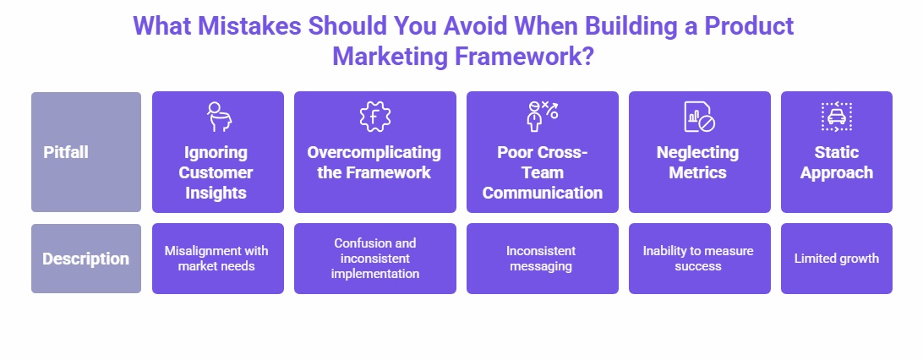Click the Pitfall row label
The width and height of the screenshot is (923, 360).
click(x=66, y=153)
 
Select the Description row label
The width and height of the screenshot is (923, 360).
click(x=85, y=259)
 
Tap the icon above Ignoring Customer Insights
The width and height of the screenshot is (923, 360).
click(x=217, y=116)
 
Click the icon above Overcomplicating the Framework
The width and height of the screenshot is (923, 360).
click(x=374, y=116)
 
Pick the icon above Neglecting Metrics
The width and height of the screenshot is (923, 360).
click(x=698, y=116)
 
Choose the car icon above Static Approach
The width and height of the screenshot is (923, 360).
click(x=836, y=116)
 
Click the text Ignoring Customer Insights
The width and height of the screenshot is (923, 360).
click(x=217, y=172)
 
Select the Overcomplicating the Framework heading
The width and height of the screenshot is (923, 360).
click(x=374, y=162)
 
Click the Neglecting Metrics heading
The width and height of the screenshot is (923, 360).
click(x=698, y=162)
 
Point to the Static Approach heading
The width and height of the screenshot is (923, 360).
click(x=836, y=162)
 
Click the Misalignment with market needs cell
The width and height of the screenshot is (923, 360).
click(x=217, y=259)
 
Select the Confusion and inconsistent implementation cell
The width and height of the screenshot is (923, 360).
click(x=374, y=259)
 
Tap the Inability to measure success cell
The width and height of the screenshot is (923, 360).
click(x=698, y=259)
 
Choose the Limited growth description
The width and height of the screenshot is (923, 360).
click(x=836, y=259)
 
